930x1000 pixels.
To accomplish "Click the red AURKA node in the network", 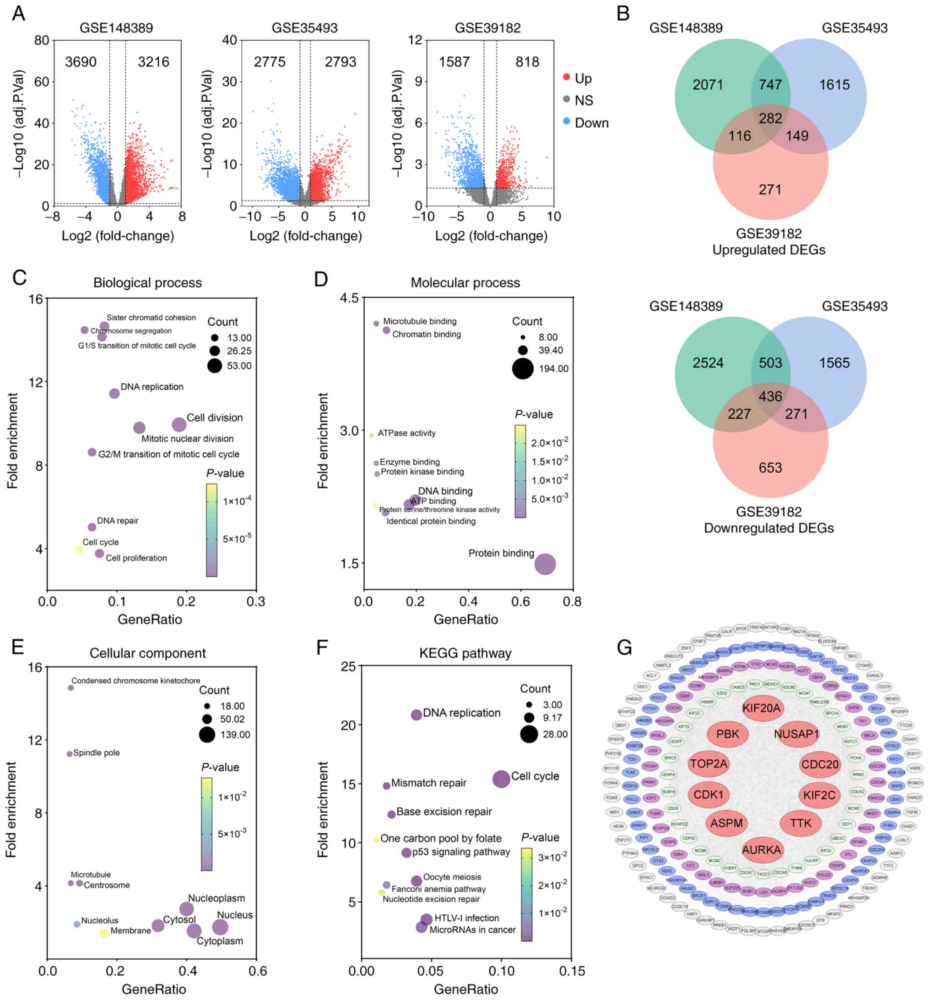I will (761, 850).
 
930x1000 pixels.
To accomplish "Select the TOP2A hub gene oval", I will (708, 764).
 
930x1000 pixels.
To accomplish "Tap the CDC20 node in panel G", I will (819, 765).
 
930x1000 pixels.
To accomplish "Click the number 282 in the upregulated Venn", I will (770, 118).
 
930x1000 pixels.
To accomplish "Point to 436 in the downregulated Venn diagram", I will (770, 396).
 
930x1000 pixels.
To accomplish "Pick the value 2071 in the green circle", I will (707, 85).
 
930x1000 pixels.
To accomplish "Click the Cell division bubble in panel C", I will (178, 425).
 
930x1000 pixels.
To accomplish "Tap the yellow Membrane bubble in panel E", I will (104, 933).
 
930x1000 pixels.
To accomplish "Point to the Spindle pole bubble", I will (70, 753).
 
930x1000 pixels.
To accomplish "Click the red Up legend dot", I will (566, 77).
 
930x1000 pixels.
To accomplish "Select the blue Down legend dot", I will (566, 122).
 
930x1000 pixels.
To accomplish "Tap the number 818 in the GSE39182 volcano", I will (527, 62).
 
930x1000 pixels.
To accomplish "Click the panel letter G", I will (624, 648).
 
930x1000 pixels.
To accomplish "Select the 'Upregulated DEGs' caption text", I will (768, 250).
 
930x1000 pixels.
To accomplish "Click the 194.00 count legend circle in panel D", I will (523, 369).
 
